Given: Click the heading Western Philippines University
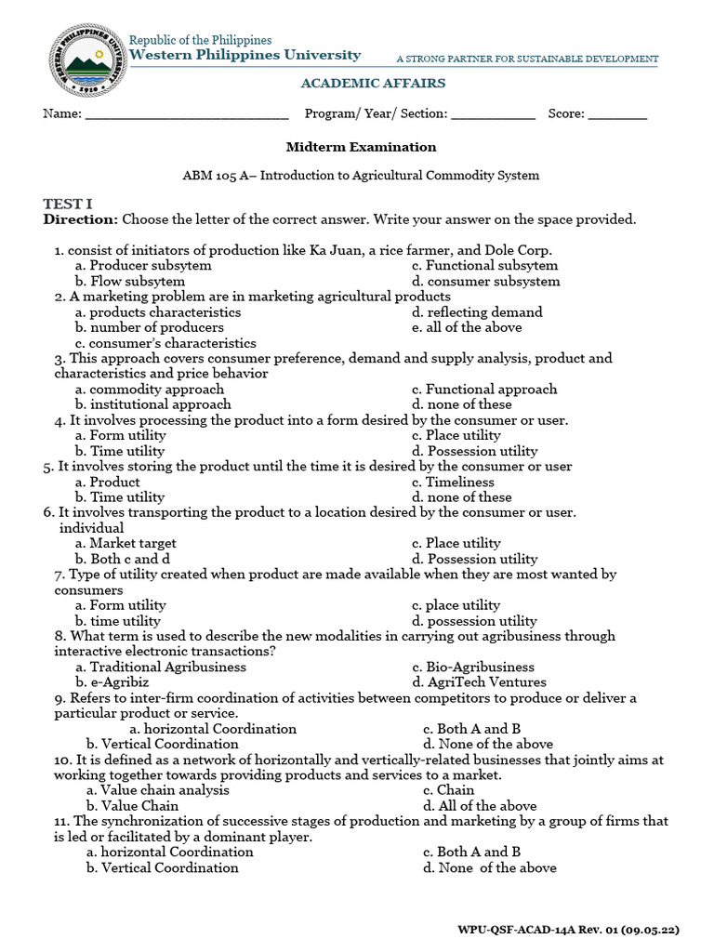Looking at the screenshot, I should click(245, 56).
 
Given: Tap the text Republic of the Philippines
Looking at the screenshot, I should click(200, 40).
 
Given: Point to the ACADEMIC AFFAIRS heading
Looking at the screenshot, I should click(373, 84).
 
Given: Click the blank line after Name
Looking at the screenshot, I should click(187, 115).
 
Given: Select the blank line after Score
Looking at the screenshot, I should click(617, 115).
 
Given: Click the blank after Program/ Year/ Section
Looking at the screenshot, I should click(494, 115).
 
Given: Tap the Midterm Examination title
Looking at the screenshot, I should click(361, 147).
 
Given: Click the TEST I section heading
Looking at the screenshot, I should click(68, 204).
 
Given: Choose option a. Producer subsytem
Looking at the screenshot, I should click(143, 266).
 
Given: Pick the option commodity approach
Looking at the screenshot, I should click(150, 390).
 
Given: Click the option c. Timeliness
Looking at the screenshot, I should click(453, 482).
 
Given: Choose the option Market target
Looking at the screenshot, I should click(126, 543).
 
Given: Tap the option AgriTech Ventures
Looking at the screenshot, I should click(479, 682).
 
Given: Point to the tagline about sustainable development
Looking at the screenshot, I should click(527, 59).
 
